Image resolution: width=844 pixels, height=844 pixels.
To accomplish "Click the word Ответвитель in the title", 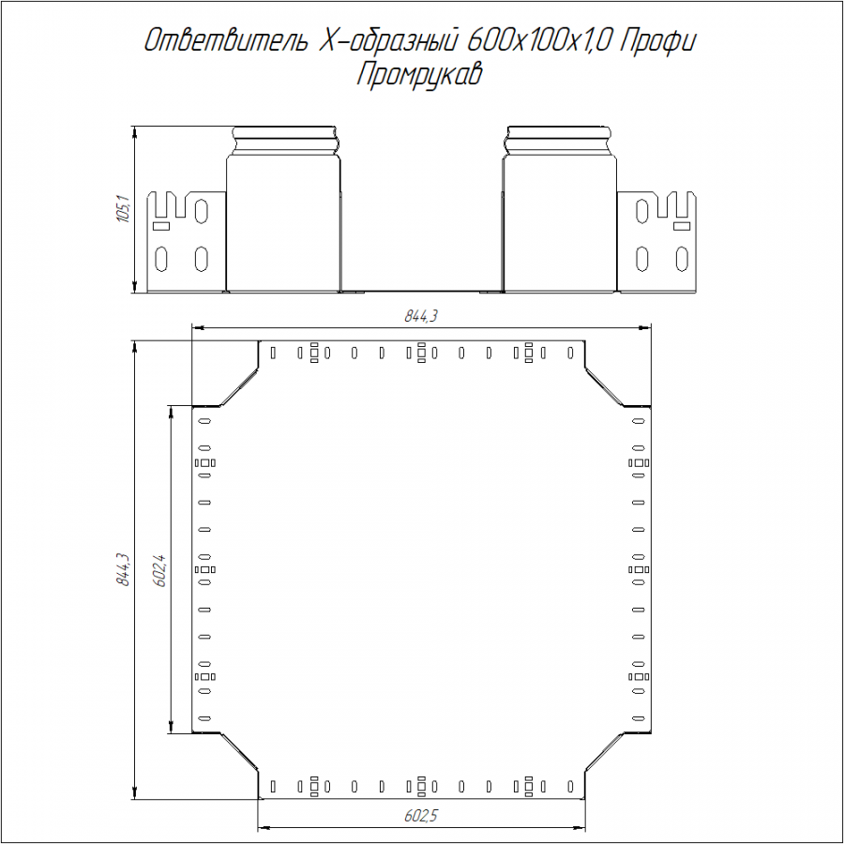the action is [227, 41].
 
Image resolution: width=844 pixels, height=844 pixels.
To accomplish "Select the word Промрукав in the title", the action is [419, 74].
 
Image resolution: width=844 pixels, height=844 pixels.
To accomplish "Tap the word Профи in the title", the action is [657, 42].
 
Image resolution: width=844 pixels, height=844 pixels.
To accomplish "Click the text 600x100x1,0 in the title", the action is [540, 41].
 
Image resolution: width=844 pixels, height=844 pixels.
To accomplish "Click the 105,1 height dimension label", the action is [123, 209].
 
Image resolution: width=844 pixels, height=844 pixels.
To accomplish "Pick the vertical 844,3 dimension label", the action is [123, 569].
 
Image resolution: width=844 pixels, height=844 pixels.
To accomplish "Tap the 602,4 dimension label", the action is [159, 569].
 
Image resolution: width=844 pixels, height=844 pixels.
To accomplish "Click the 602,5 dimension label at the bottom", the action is [421, 816].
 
